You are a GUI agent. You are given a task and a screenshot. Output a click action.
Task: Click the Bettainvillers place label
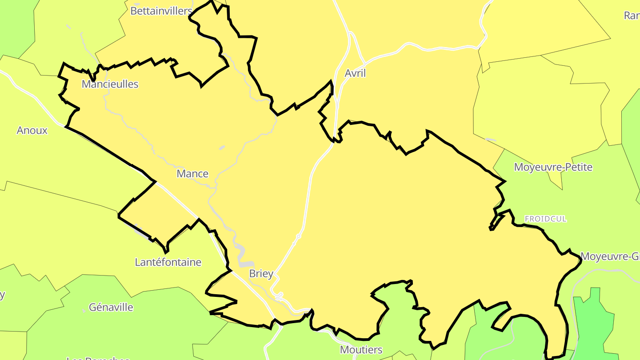[161, 11]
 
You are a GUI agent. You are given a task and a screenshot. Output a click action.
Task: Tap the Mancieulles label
[110, 84]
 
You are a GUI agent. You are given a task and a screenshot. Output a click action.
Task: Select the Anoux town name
[32, 130]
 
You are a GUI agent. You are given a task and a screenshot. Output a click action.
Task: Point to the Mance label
[192, 173]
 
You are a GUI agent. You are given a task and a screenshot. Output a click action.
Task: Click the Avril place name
[355, 73]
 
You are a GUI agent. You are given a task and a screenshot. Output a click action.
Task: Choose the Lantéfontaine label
[168, 262]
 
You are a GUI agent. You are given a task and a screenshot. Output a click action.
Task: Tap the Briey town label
[261, 273]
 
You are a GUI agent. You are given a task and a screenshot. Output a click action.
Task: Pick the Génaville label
[111, 307]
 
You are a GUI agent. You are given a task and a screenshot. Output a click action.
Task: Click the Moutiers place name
[361, 349]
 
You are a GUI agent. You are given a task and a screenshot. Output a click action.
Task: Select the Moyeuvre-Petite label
[553, 167]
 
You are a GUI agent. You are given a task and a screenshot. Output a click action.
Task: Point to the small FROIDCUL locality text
[545, 219]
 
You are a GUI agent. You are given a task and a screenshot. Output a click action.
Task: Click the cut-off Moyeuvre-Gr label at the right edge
[610, 256]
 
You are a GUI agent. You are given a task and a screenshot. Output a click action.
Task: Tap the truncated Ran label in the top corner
[632, 16]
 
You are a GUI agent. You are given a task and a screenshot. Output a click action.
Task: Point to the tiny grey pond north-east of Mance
[222, 147]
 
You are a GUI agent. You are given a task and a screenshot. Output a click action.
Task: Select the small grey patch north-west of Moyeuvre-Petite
[490, 140]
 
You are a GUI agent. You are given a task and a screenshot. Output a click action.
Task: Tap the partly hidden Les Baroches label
[98, 358]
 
